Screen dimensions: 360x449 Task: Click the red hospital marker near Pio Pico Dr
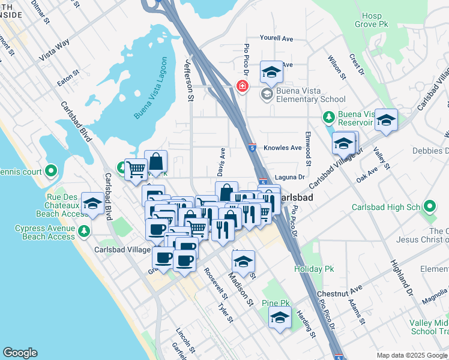coord(243,86)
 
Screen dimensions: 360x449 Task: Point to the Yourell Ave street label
coord(277,38)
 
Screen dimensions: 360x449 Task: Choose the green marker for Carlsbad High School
coord(429,207)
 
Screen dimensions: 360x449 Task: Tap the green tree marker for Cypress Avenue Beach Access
coord(84,230)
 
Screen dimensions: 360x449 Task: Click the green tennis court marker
coord(51,172)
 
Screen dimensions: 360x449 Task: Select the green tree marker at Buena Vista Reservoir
coord(329,116)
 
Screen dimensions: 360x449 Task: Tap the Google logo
coord(20,353)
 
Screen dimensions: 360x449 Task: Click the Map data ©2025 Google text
coord(411,355)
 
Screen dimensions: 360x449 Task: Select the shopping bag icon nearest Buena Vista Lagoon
coord(155,161)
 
